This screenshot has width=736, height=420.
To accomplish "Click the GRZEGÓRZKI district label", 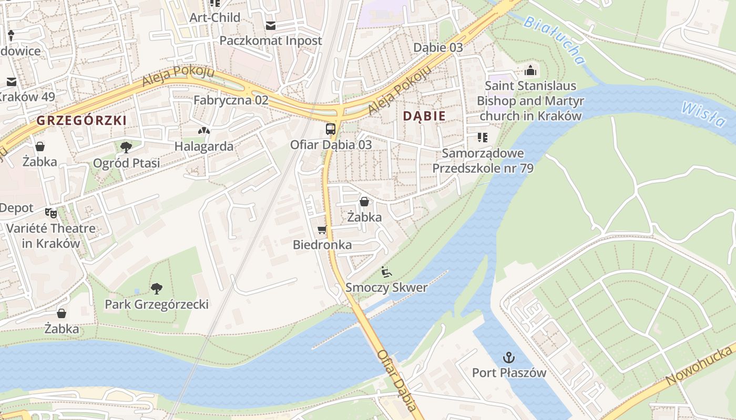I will pyautogui.click(x=81, y=120).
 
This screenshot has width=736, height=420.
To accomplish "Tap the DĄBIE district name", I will pyautogui.click(x=424, y=116).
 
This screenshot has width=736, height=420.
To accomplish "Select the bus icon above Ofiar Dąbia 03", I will pyautogui.click(x=330, y=129).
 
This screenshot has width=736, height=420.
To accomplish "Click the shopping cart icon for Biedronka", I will pyautogui.click(x=322, y=229).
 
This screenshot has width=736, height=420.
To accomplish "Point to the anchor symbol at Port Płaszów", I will pyautogui.click(x=508, y=358).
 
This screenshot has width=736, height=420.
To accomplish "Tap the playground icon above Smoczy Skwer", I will pyautogui.click(x=386, y=272).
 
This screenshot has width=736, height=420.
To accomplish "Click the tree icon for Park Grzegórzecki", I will pyautogui.click(x=156, y=288).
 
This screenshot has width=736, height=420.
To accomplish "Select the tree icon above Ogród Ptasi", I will pyautogui.click(x=126, y=147).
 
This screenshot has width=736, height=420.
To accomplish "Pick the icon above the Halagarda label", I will pyautogui.click(x=203, y=130).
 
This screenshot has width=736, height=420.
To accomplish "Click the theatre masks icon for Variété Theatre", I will pyautogui.click(x=51, y=213).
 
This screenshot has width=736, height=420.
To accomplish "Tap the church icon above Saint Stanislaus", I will pyautogui.click(x=530, y=70).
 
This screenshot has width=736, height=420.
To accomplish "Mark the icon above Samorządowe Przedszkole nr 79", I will pyautogui.click(x=482, y=138).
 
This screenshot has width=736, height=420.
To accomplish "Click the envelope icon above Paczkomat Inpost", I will pyautogui.click(x=270, y=25).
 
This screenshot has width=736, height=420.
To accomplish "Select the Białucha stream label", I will pyautogui.click(x=555, y=40).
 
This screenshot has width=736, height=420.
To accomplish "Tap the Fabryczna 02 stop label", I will pyautogui.click(x=231, y=100).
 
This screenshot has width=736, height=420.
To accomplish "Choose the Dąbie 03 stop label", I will pyautogui.click(x=438, y=47).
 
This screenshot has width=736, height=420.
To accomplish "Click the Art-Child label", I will pyautogui.click(x=214, y=17).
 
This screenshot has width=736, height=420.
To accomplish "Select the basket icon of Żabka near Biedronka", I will pyautogui.click(x=364, y=201).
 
